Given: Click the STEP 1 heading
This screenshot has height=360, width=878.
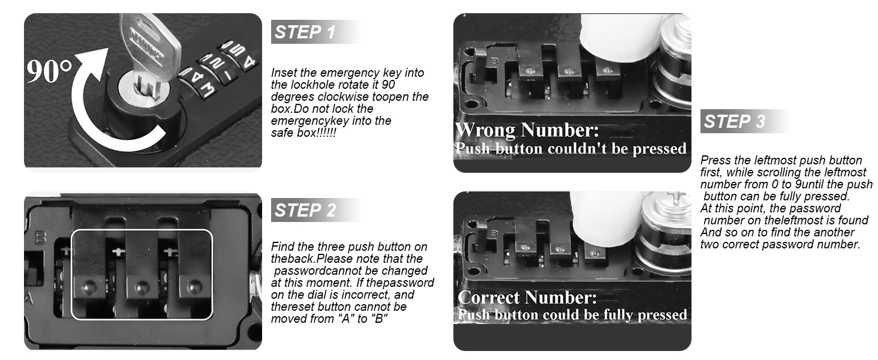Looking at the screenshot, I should click(x=305, y=32).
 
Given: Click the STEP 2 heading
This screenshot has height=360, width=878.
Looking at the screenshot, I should click(x=305, y=211).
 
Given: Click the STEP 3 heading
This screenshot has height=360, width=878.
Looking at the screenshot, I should click(x=734, y=122).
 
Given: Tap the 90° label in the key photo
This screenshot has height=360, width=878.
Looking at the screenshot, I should click(x=49, y=72).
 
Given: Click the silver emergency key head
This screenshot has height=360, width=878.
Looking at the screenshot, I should click(x=149, y=42).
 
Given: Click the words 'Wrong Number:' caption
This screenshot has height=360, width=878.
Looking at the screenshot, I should click(x=527, y=130).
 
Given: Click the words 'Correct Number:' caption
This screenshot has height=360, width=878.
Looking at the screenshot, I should click(x=527, y=298).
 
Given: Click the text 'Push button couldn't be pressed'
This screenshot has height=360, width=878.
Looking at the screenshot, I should click(x=570, y=148).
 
